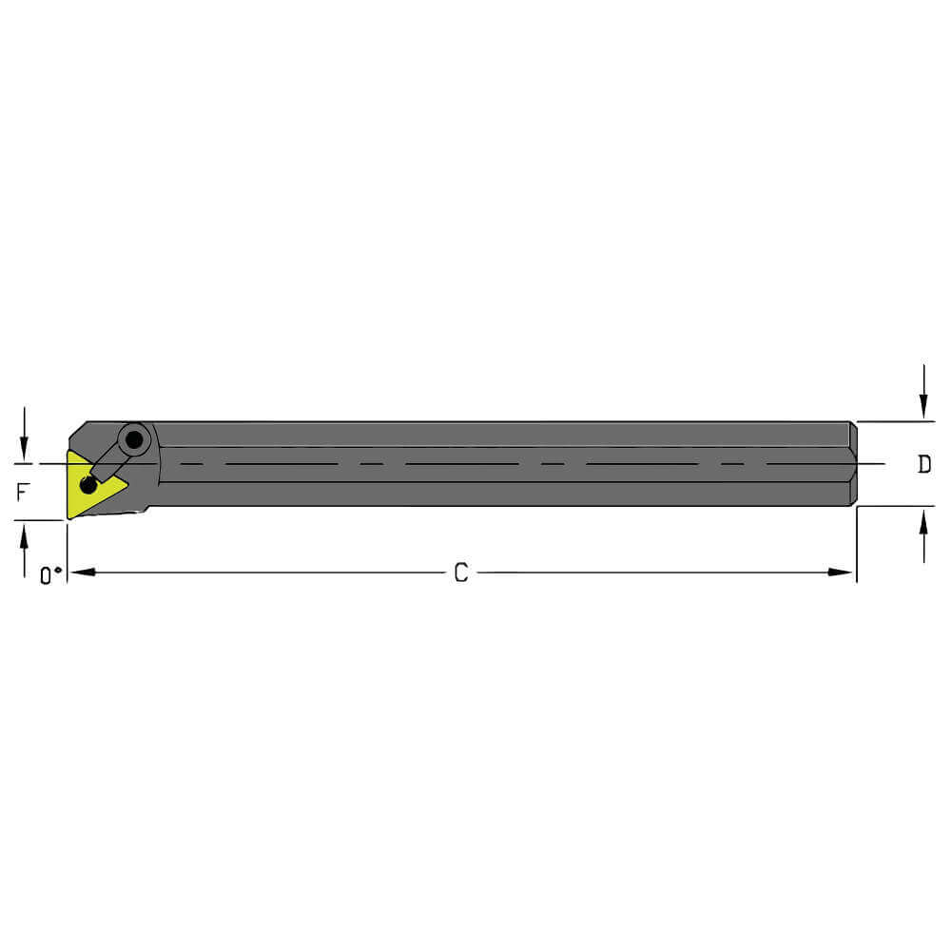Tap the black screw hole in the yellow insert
click(x=88, y=485)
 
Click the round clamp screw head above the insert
click(x=136, y=440)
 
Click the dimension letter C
click(x=460, y=573)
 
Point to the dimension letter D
click(x=923, y=464)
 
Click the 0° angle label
click(x=50, y=574)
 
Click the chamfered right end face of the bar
click(x=853, y=464)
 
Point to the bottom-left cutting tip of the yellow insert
click(x=69, y=516)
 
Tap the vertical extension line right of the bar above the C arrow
click(x=857, y=542)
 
